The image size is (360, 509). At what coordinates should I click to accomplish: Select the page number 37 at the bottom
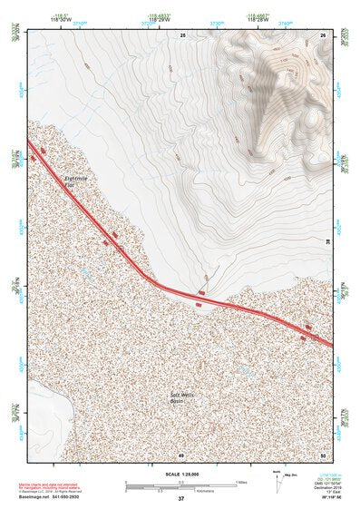tap(180, 499)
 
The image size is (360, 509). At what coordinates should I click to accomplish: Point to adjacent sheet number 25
tap(181, 34)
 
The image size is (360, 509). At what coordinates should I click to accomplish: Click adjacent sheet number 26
tap(324, 34)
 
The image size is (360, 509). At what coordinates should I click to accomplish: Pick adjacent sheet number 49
tap(181, 454)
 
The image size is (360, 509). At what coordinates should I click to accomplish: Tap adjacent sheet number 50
tap(324, 454)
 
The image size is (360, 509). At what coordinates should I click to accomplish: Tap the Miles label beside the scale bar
tap(241, 482)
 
